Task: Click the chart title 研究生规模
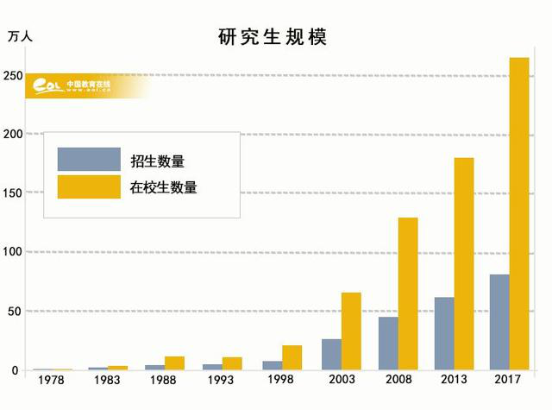tap(273, 38)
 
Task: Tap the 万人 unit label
tap(22, 37)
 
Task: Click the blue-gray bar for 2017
tap(499, 322)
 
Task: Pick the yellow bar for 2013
tap(464, 263)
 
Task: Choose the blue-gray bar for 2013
tap(443, 333)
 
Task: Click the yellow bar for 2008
tap(407, 293)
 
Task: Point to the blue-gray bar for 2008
tap(387, 343)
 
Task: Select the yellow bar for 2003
tap(350, 331)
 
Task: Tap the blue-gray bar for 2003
tap(330, 354)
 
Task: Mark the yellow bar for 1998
tap(292, 357)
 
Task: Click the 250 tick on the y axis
tap(13, 76)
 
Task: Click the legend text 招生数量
tap(157, 161)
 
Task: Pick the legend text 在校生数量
tap(164, 186)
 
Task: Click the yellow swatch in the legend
tap(89, 186)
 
